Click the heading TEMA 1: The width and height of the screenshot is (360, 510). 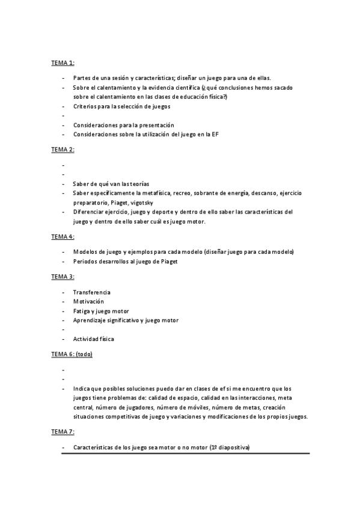(63, 62)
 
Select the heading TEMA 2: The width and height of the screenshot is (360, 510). (63, 149)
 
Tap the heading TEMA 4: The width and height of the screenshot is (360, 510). (63, 236)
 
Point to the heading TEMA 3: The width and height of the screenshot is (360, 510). (63, 277)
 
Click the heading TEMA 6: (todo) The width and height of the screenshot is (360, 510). (72, 354)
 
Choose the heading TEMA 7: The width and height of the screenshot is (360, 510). (63, 432)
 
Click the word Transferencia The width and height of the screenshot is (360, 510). (92, 292)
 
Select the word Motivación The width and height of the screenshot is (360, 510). (88, 301)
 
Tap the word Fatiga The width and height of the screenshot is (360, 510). (82, 311)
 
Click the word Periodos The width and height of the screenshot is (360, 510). (85, 261)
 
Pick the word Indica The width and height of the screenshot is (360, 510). (81, 389)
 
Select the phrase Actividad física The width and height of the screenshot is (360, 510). (93, 339)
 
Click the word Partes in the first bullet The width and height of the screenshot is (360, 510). (82, 78)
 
